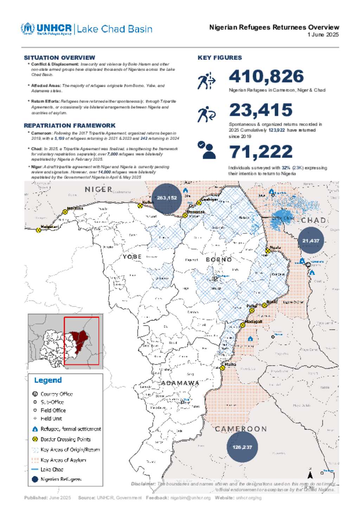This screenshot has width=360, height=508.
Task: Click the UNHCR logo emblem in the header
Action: [27, 29]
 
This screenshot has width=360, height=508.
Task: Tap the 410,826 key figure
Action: [266, 76]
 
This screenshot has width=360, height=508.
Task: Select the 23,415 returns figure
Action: [261, 110]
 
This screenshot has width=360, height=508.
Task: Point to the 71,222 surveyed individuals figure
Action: [261, 152]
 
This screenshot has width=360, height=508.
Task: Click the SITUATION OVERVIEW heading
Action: [59, 58]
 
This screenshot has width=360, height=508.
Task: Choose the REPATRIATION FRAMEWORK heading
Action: [70, 126]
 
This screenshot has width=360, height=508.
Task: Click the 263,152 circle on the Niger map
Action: [167, 198]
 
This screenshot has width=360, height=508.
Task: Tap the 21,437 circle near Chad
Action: [311, 241]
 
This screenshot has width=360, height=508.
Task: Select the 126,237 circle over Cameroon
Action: [242, 447]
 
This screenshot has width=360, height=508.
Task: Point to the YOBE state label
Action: [132, 257]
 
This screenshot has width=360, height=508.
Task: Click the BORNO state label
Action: [219, 260]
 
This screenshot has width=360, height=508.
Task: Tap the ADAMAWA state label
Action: [180, 383]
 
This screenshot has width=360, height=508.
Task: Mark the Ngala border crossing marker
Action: [268, 251]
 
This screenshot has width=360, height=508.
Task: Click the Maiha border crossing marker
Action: [223, 368]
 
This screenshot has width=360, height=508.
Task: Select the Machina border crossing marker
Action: [65, 212]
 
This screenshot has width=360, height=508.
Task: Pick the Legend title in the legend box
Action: [48, 380]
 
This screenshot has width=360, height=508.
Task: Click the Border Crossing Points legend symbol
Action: [35, 439]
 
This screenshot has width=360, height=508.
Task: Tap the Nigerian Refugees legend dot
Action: [35, 479]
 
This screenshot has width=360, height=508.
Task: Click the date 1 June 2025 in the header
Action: [323, 34]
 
